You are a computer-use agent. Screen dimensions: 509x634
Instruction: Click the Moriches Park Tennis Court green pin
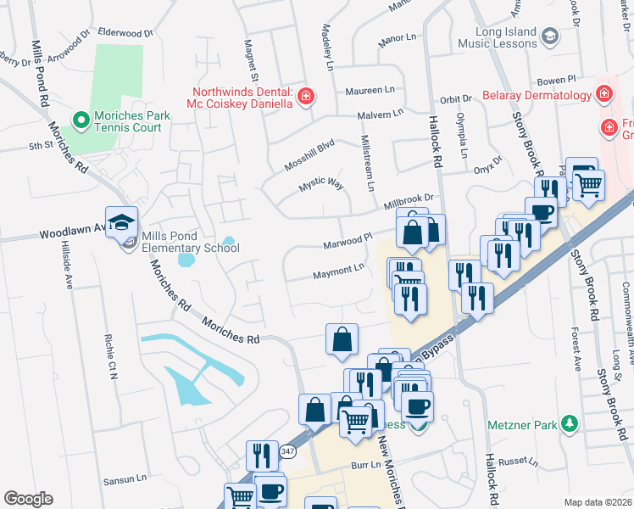[x=81, y=120]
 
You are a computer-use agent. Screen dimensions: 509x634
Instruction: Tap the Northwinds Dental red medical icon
[x=304, y=97]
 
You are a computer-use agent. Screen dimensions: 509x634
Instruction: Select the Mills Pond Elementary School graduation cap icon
[x=122, y=223]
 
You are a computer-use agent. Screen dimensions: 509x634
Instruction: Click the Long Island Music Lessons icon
[x=549, y=36]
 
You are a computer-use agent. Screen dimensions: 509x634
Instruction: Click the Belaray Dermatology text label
[x=537, y=95]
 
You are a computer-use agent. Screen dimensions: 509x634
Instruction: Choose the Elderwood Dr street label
[x=125, y=32]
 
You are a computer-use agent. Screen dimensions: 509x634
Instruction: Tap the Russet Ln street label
[x=519, y=463]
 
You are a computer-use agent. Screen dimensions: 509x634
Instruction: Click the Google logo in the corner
[x=28, y=499]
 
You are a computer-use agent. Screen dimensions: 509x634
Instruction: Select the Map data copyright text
[x=597, y=502]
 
